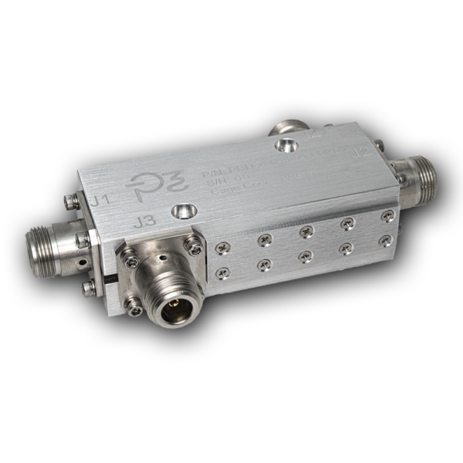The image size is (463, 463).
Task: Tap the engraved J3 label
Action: [145, 223]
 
